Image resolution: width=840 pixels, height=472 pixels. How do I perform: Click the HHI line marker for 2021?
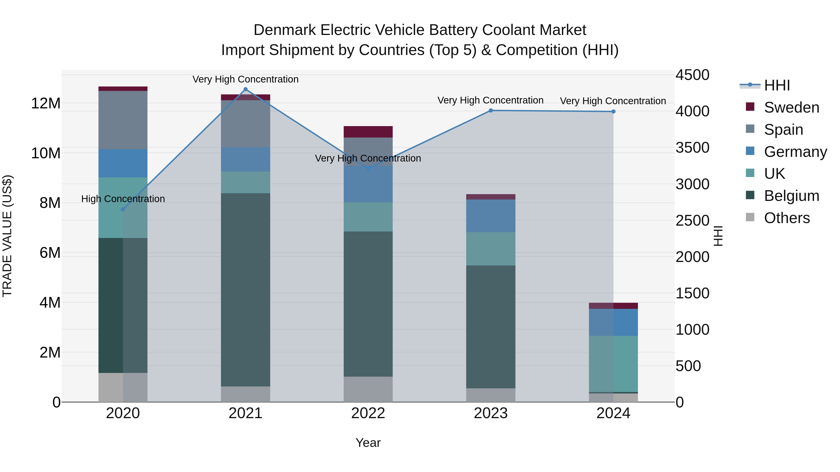(x=245, y=89)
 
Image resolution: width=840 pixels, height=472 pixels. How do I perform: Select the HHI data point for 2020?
(x=123, y=210)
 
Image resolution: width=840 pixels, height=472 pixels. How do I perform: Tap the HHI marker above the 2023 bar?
(x=491, y=110)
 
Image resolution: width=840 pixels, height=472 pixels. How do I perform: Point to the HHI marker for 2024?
(x=613, y=111)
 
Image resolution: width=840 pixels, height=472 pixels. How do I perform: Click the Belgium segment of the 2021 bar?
(x=245, y=290)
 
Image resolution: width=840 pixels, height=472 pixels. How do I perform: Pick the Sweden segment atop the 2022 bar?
(x=368, y=132)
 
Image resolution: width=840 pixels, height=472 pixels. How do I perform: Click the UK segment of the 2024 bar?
(x=613, y=364)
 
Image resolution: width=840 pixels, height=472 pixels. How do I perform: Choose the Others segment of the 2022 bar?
(x=368, y=389)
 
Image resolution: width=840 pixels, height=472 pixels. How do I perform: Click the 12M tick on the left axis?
(x=46, y=103)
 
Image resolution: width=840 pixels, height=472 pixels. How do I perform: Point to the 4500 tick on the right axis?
(x=692, y=75)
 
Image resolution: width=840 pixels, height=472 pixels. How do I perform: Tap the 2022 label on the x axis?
(x=368, y=413)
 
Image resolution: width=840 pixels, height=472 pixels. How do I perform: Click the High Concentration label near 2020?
(x=123, y=199)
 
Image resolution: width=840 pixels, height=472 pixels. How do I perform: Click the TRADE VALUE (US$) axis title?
(x=7, y=236)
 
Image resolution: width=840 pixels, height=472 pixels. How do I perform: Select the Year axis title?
(x=368, y=443)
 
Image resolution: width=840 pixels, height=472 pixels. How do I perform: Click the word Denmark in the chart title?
(x=284, y=30)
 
